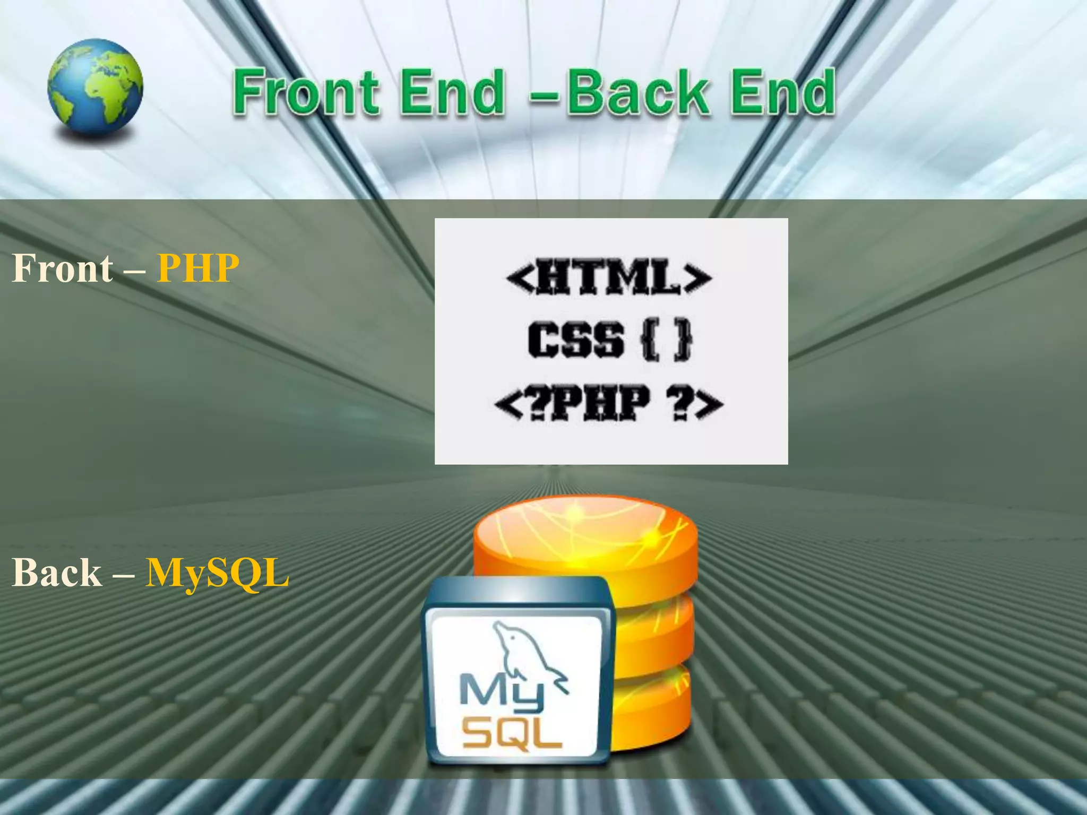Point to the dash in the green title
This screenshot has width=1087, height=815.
pos(544,97)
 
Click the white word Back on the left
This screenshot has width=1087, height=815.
pos(57,573)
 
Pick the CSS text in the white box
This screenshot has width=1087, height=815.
pos(576,339)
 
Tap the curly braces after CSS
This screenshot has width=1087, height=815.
pos(667,339)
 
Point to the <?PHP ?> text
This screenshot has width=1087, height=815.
pos(609,403)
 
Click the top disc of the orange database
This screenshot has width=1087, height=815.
pos(584,531)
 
